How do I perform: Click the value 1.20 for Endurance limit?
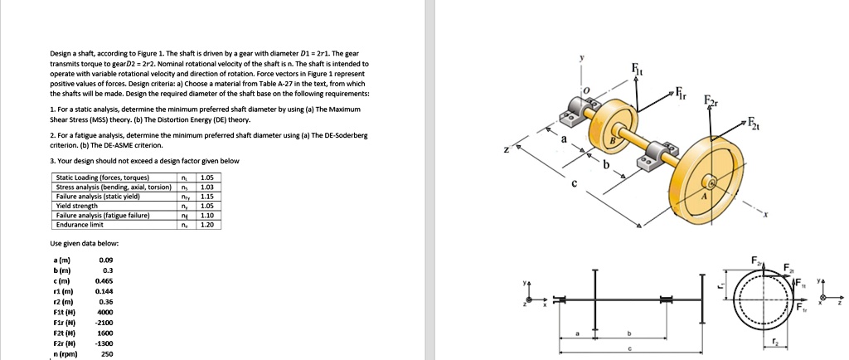point(206,224)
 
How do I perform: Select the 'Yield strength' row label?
point(75,206)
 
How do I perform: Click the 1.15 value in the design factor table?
point(206,196)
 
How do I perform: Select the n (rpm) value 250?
point(107,353)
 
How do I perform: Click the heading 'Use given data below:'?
point(85,243)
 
